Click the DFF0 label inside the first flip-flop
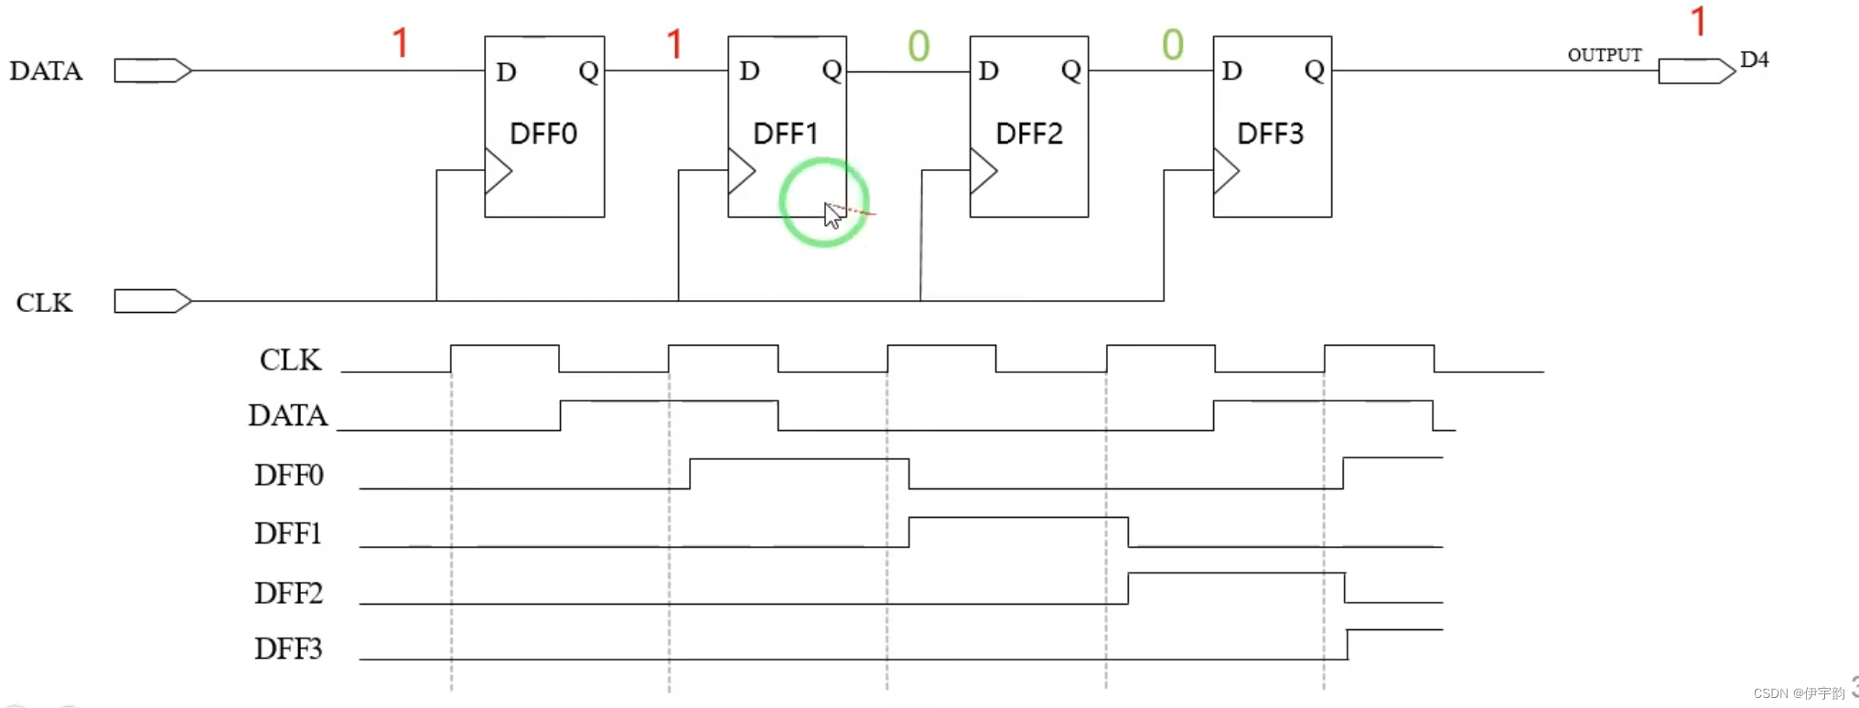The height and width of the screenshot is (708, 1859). pyautogui.click(x=543, y=134)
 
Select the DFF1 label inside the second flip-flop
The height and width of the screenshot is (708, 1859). pyautogui.click(x=785, y=134)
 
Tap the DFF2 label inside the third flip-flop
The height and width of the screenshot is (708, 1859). pyautogui.click(x=1028, y=134)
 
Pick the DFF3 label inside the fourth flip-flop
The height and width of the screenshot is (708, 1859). pyautogui.click(x=1270, y=134)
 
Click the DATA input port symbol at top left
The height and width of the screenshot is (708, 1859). pyautogui.click(x=152, y=70)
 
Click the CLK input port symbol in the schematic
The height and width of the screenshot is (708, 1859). pyautogui.click(x=152, y=301)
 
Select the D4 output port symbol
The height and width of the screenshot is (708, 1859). pyautogui.click(x=1695, y=70)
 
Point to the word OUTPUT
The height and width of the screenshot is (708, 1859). pyautogui.click(x=1604, y=55)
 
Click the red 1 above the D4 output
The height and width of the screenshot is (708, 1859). pyautogui.click(x=1698, y=21)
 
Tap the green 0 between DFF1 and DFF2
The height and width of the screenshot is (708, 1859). pyautogui.click(x=919, y=46)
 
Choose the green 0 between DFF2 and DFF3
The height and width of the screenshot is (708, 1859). pyautogui.click(x=1173, y=44)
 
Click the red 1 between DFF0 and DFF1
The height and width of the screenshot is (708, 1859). pyautogui.click(x=674, y=44)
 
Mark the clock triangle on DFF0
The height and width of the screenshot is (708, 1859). pyautogui.click(x=497, y=171)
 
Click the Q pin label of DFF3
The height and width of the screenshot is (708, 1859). pyautogui.click(x=1314, y=70)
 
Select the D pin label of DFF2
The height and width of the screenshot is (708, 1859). pyautogui.click(x=988, y=70)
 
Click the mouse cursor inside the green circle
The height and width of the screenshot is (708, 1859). pyautogui.click(x=832, y=216)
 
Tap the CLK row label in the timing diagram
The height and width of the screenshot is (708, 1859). pyautogui.click(x=290, y=359)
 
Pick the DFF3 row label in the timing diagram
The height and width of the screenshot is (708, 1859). pyautogui.click(x=288, y=649)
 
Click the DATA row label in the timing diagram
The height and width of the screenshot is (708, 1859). pyautogui.click(x=287, y=415)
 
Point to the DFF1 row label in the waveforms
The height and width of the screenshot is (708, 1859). pyautogui.click(x=288, y=533)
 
